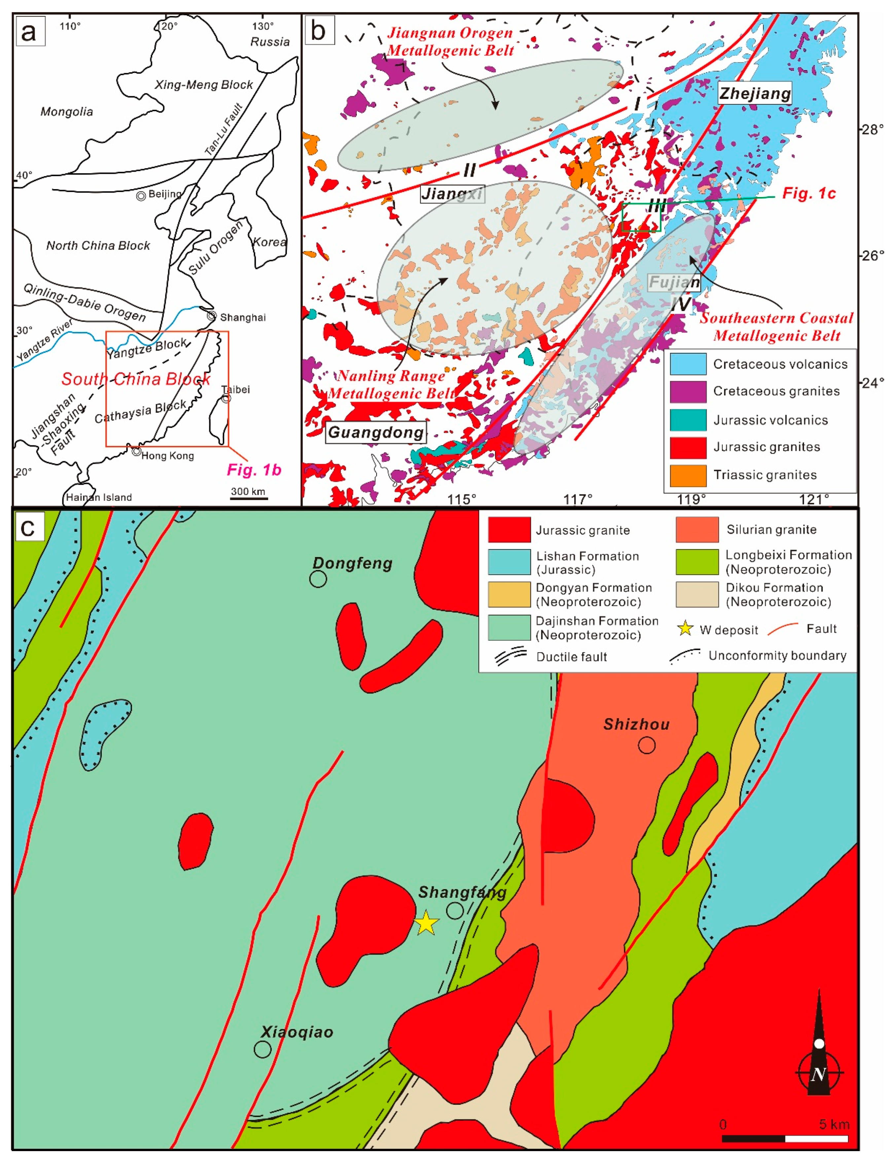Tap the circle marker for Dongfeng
[x=318, y=579]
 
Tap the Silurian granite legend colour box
[x=697, y=529]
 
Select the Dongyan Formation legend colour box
[x=509, y=594]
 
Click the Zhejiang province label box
[x=755, y=94]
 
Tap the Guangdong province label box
[x=376, y=432]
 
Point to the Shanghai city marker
[x=212, y=316]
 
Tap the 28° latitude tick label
[x=872, y=129]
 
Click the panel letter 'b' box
[x=319, y=31]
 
